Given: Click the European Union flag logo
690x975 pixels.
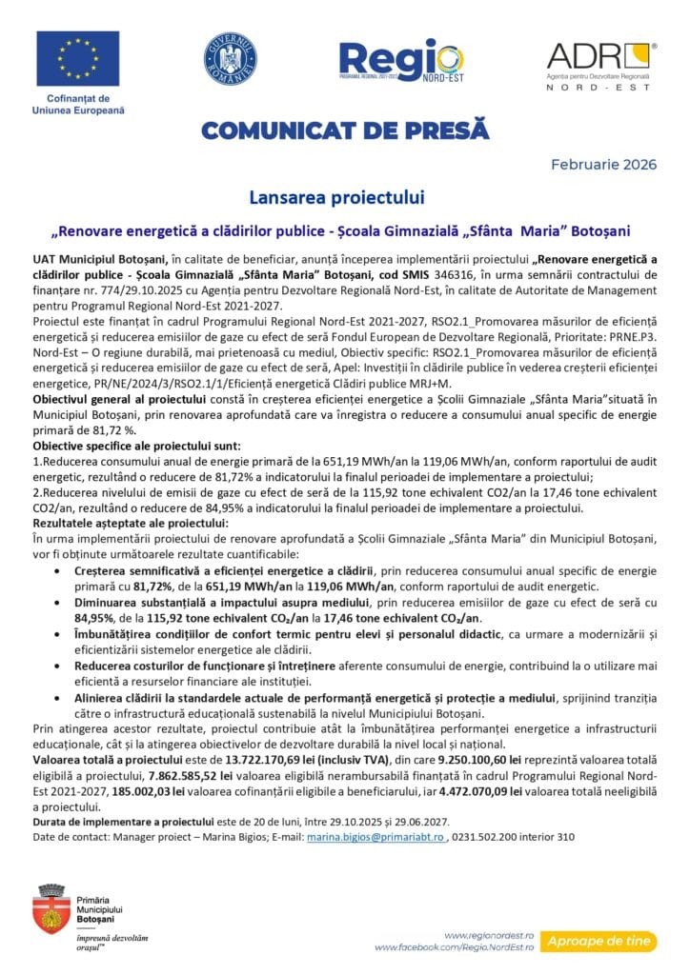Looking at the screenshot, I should pyautogui.click(x=78, y=58).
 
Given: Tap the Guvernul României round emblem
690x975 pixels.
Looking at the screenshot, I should pyautogui.click(x=230, y=58).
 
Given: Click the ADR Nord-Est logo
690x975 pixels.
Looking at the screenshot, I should pyautogui.click(x=600, y=65).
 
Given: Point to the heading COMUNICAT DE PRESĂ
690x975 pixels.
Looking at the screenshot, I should pyautogui.click(x=344, y=129).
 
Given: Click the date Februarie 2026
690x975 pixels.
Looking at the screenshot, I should pyautogui.click(x=604, y=165).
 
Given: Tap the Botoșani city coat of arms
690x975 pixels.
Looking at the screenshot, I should pyautogui.click(x=51, y=908).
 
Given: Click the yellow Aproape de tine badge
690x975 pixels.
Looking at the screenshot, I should pyautogui.click(x=599, y=941).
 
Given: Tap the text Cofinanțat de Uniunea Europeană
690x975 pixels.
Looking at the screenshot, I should pyautogui.click(x=78, y=105).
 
